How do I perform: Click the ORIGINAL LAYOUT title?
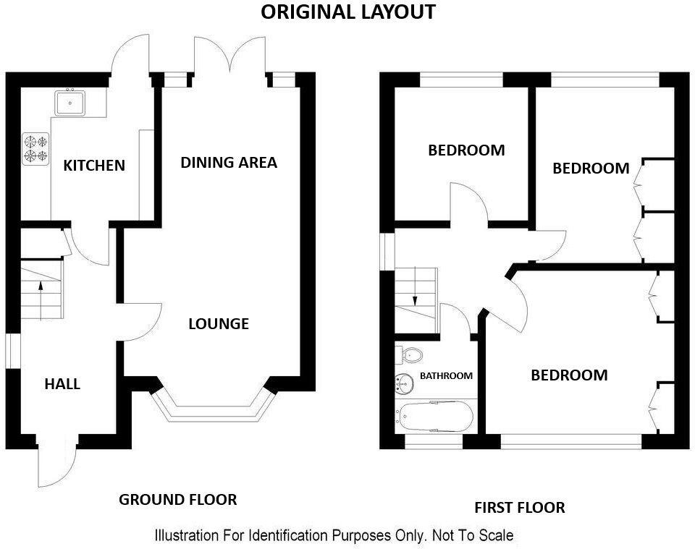[x=347, y=12]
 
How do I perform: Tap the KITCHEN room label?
[x=94, y=166]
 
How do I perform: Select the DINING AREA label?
[x=229, y=163]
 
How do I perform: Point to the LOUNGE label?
[x=219, y=324]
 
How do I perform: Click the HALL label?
[x=62, y=384]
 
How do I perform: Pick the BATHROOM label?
[x=447, y=376]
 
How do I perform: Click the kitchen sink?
[x=71, y=102]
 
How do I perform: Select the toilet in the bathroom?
[x=410, y=355]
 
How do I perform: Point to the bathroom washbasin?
[x=403, y=380]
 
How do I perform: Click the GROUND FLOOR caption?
[x=177, y=500]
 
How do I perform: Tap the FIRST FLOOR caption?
[x=520, y=508]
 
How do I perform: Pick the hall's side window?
[x=13, y=351]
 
